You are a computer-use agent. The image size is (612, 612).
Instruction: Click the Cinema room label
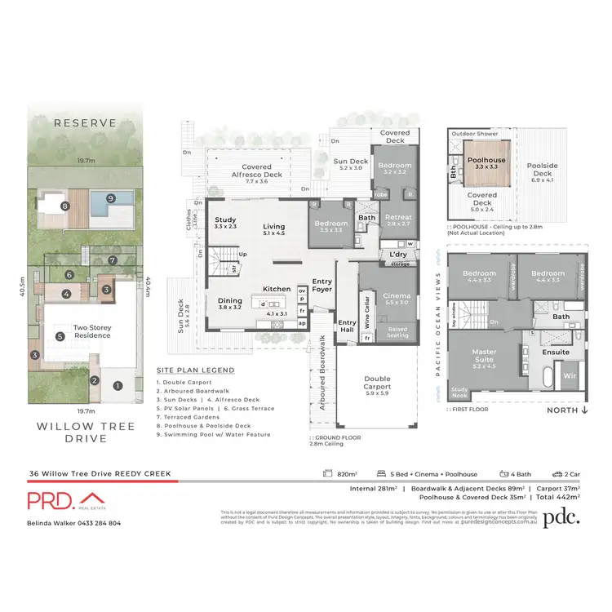point(397,298)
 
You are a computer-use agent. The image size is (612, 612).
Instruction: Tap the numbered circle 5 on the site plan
point(60,335)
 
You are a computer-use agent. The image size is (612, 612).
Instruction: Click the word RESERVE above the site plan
point(85,124)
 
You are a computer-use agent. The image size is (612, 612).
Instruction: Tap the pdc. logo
point(563,515)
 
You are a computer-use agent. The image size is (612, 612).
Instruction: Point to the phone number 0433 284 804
point(98,523)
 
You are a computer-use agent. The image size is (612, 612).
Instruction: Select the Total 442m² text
point(557,496)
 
